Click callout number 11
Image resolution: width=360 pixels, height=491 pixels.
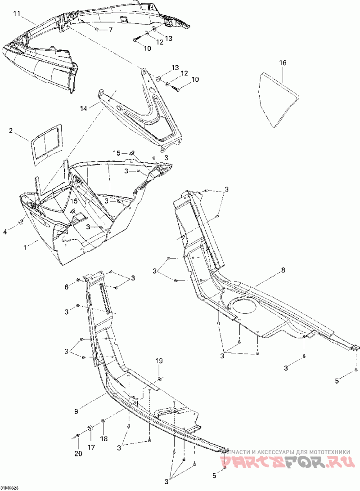tap(17, 13)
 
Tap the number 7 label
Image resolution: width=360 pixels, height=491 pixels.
tap(111, 30)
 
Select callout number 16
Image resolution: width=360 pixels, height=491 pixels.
tap(283, 63)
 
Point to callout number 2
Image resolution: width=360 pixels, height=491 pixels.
tap(12, 131)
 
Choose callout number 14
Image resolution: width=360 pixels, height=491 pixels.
tap(83, 109)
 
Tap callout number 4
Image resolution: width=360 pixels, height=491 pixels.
tap(5, 232)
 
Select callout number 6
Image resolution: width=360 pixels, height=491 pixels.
tap(67, 286)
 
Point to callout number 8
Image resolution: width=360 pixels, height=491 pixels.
tap(283, 270)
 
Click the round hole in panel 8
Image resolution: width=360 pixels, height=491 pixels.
tap(244, 307)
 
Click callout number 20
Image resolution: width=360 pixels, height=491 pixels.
tap(78, 454)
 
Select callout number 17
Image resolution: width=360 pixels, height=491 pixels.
tap(92, 447)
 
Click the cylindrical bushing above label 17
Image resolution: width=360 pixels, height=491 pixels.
tap(90, 426)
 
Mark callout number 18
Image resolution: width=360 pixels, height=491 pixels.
tap(104, 438)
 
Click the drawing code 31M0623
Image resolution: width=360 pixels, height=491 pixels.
tap(9, 488)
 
